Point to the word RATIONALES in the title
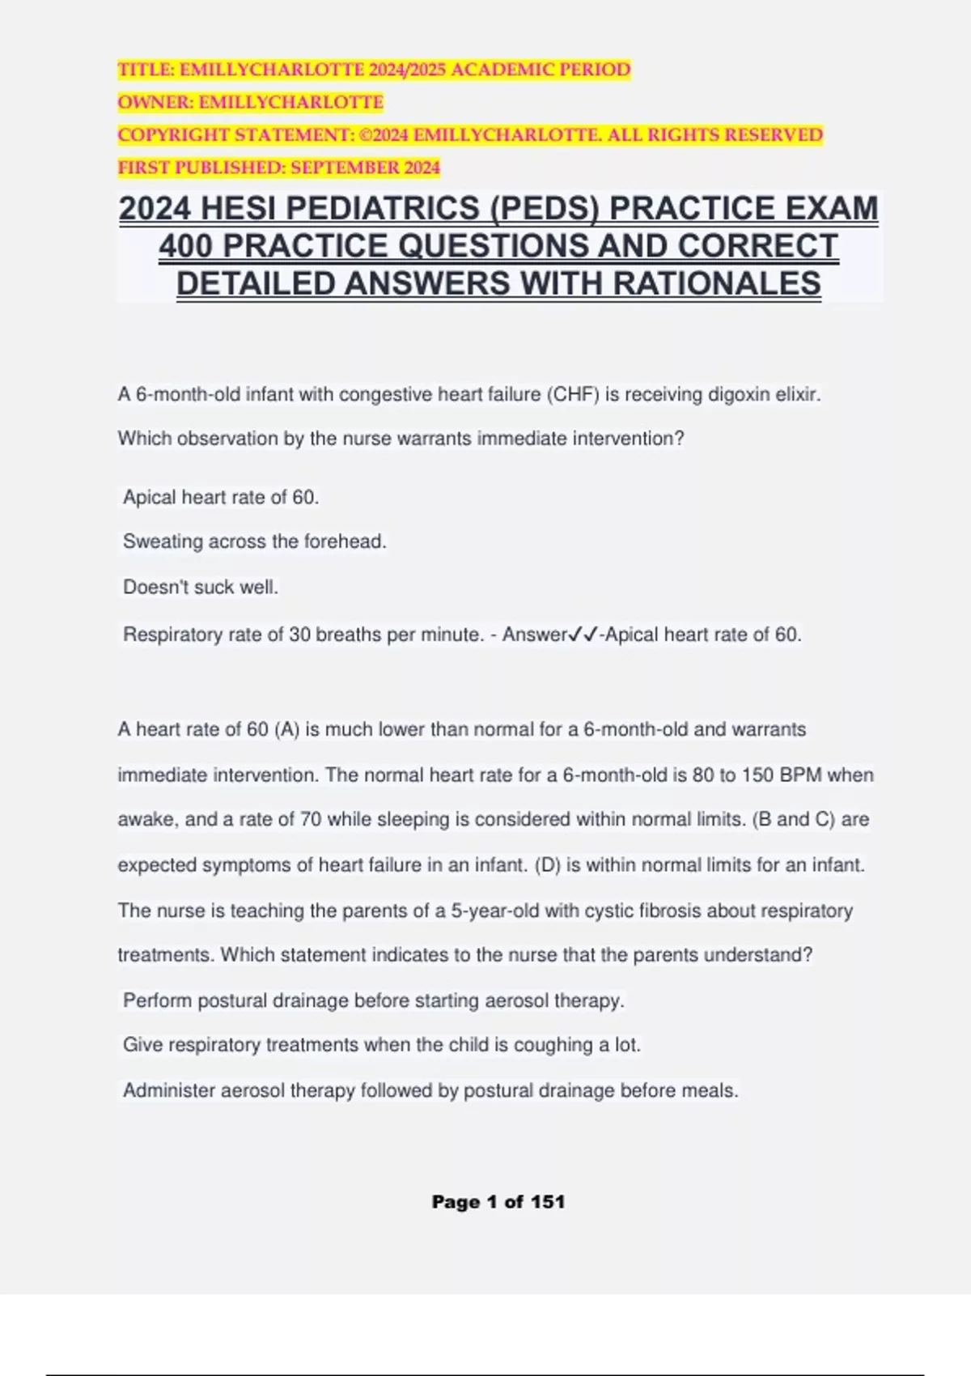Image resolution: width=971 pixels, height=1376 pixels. click(717, 283)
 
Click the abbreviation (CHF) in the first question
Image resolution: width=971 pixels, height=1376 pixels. click(574, 395)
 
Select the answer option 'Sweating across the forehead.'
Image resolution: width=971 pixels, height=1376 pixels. click(254, 541)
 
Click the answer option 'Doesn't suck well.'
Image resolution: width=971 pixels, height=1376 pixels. click(200, 587)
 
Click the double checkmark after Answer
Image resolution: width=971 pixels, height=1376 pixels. click(583, 635)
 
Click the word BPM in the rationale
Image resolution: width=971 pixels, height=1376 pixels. click(800, 775)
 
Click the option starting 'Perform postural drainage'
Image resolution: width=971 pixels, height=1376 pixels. click(373, 1000)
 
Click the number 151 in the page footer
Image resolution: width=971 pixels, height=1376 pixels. click(547, 1202)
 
